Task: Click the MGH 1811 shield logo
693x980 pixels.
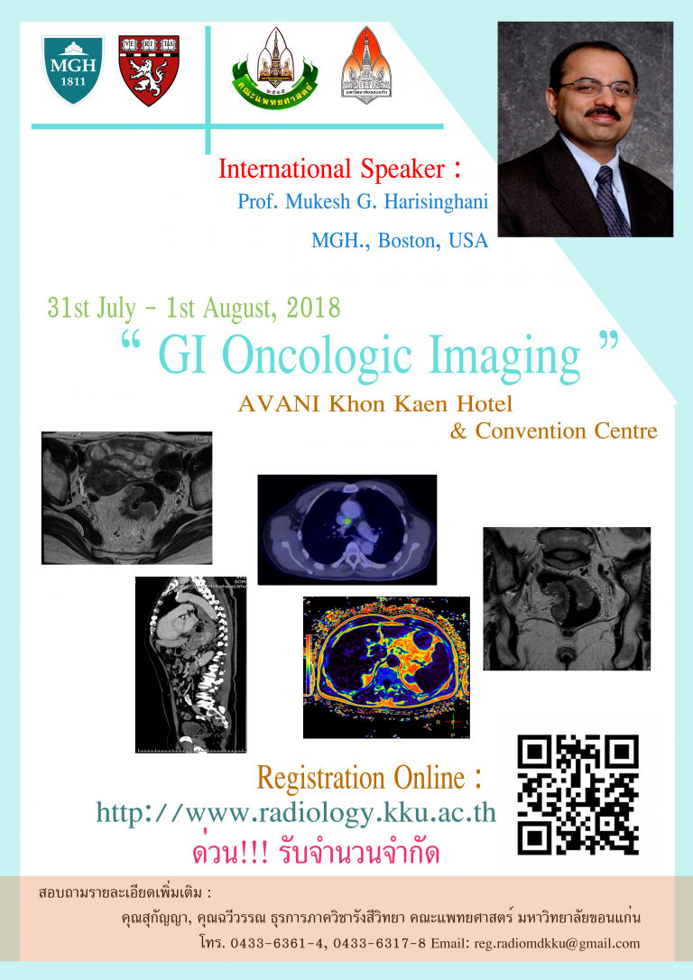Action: [x=73, y=71]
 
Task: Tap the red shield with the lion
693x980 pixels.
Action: [x=149, y=71]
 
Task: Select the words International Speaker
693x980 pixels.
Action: [x=332, y=169]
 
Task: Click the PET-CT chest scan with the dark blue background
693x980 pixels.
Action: [x=346, y=529]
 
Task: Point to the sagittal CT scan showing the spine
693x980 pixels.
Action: [x=191, y=664]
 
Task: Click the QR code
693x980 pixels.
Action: [x=577, y=794]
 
